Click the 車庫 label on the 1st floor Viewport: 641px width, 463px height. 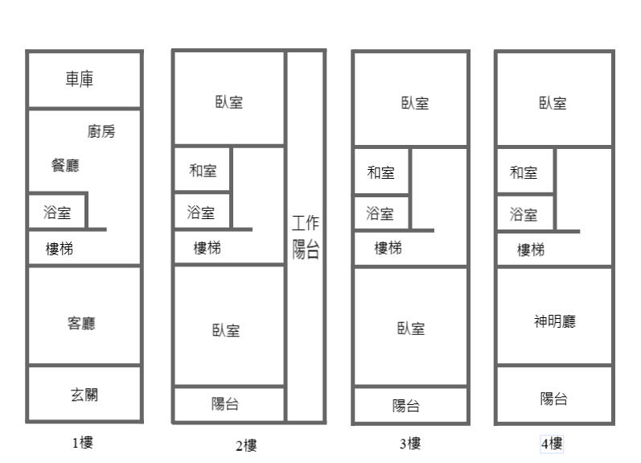pyautogui.click(x=80, y=79)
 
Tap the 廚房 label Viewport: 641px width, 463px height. pyautogui.click(x=101, y=131)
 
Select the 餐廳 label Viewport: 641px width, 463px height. pyautogui.click(x=65, y=165)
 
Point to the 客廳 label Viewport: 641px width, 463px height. pyautogui.click(x=81, y=324)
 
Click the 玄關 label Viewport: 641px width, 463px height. pyautogui.click(x=84, y=395)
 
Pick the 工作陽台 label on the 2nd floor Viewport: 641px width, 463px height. pyautogui.click(x=306, y=237)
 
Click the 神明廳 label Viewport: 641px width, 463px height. pyautogui.click(x=555, y=321)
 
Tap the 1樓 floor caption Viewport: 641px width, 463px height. pyautogui.click(x=83, y=443)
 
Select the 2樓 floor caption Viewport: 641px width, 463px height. pyautogui.click(x=246, y=445)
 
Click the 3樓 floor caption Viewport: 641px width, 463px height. pyautogui.click(x=410, y=444)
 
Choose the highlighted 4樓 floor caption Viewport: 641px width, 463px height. pyautogui.click(x=552, y=444)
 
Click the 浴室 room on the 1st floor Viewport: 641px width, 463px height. pyautogui.click(x=57, y=211)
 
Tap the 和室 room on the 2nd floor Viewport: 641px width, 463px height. pyautogui.click(x=203, y=168)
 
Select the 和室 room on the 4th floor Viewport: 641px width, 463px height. pyautogui.click(x=525, y=170)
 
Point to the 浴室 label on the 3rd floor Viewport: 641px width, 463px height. pyautogui.click(x=380, y=213)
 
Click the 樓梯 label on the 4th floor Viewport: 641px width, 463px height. pyautogui.click(x=531, y=250)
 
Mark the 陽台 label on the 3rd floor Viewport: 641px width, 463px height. pyautogui.click(x=406, y=406)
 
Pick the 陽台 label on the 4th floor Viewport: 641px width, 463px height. pyautogui.click(x=554, y=399)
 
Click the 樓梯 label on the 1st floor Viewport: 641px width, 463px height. pyautogui.click(x=60, y=249)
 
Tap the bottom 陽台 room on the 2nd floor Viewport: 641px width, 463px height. pyautogui.click(x=229, y=404)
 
